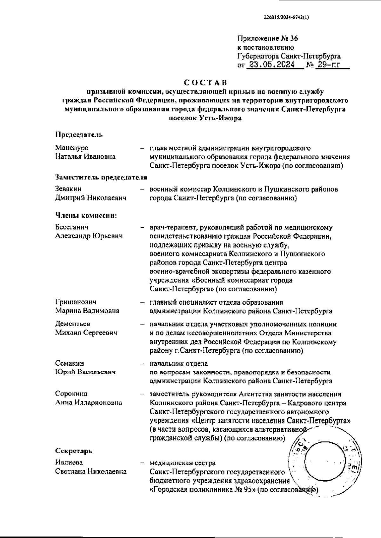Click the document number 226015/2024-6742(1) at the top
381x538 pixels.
(x=286, y=18)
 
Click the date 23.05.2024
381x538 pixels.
(x=271, y=65)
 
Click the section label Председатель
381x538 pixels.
(x=79, y=135)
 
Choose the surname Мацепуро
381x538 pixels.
(x=72, y=148)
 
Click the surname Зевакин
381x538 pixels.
(x=68, y=189)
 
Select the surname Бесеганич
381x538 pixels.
(x=72, y=227)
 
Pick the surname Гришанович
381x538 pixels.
(x=76, y=302)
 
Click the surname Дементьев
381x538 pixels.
(x=73, y=324)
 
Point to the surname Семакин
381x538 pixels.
(x=70, y=363)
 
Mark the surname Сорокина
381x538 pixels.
(x=71, y=394)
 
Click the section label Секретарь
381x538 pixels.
(x=74, y=451)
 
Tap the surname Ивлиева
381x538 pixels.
(x=69, y=462)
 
